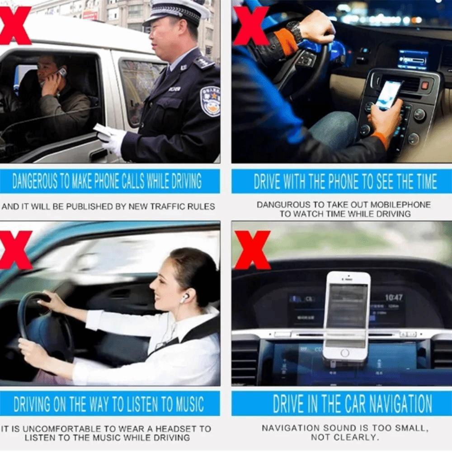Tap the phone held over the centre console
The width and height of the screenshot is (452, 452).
click(388, 94)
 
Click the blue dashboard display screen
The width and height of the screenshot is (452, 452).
click(412, 59)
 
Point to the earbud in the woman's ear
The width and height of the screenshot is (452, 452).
click(184, 298)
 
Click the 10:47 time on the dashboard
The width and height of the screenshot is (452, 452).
click(393, 297)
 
